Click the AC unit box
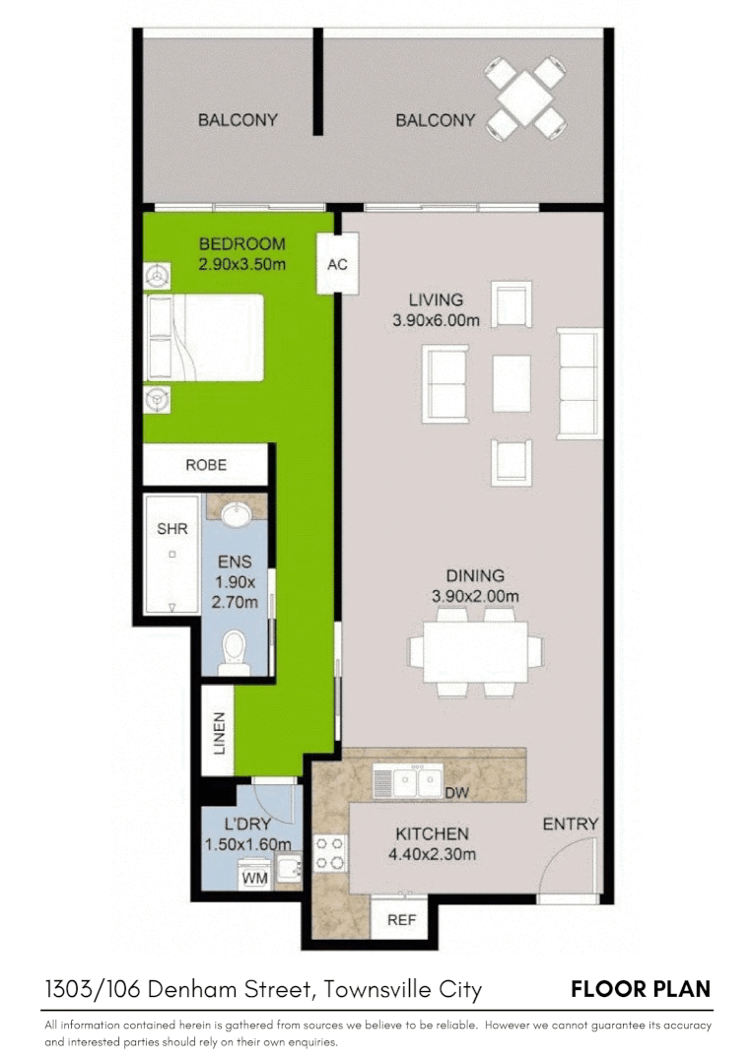coord(337,264)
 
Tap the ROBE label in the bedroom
coord(206,465)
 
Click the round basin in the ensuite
coord(236,515)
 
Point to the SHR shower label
coord(172,529)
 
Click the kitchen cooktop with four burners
coord(329,853)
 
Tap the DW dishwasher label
coord(455,793)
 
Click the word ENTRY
coord(570,825)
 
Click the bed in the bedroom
coord(206,337)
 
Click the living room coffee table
coord(512,383)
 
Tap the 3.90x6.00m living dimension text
coord(436,320)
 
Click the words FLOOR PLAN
coord(641,989)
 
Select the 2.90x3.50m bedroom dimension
coord(242,264)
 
